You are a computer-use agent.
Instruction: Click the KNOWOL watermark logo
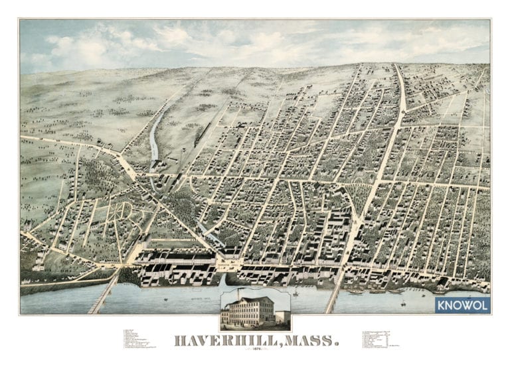[464, 304]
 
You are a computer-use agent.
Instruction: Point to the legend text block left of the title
[139, 340]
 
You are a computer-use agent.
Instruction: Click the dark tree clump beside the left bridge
[130, 276]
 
